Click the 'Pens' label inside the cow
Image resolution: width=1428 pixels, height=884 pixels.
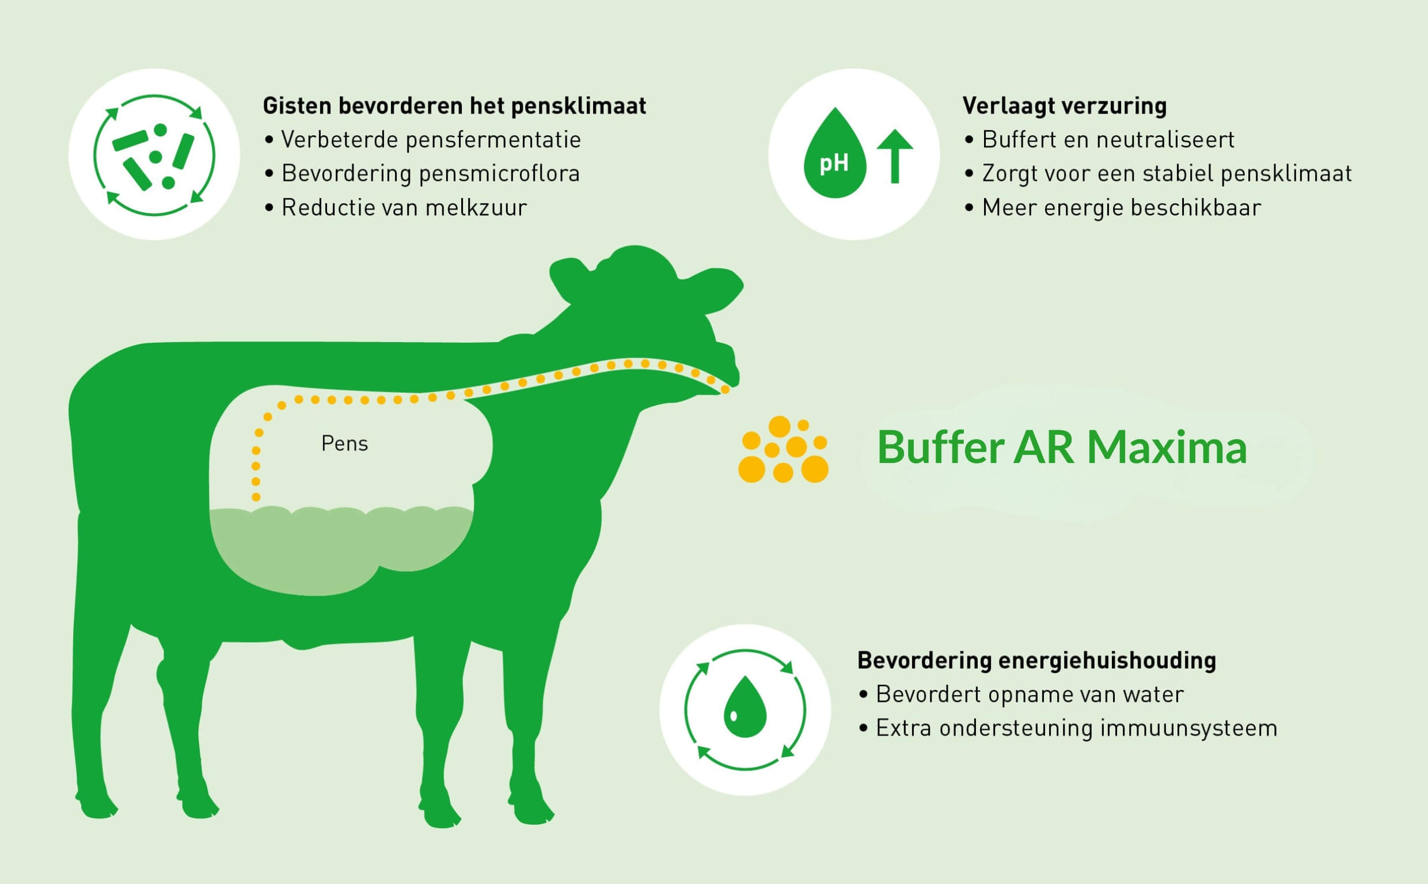[344, 444]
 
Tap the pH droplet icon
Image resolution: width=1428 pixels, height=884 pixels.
[834, 155]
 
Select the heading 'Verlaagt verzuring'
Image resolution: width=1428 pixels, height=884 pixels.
[1065, 106]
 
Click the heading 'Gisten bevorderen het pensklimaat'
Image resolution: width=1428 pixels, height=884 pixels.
[454, 106]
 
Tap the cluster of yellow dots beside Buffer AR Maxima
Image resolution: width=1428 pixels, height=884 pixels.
[783, 450]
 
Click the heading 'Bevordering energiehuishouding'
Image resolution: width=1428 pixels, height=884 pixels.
[1036, 660]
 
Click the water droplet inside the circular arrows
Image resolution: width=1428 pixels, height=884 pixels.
[745, 707]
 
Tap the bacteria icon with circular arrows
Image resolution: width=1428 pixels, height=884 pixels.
[154, 155]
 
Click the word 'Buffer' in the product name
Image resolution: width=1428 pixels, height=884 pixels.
[940, 447]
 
